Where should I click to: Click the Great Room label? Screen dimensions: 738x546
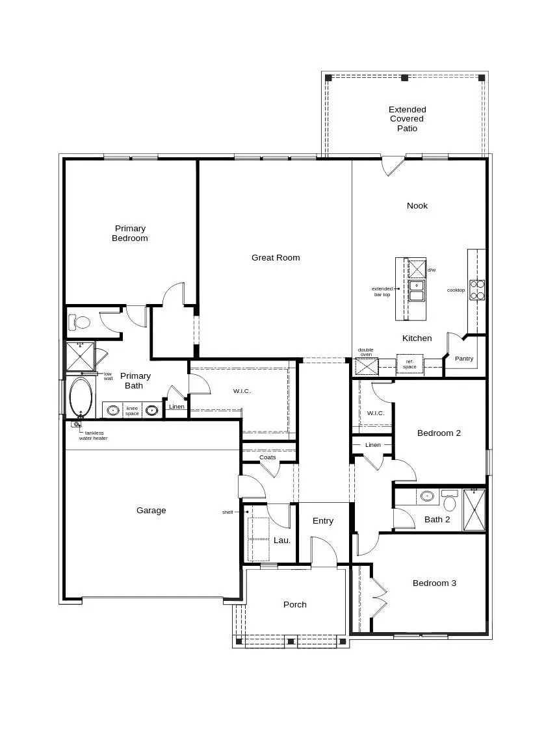click(x=276, y=258)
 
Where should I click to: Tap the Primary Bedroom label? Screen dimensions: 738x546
click(x=130, y=233)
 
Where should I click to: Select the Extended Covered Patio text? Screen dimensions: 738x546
click(x=408, y=119)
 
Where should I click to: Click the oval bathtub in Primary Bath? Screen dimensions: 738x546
click(x=81, y=396)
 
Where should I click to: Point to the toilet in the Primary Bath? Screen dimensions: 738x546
click(x=81, y=322)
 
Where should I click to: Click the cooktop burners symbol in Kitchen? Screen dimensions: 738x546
click(x=477, y=290)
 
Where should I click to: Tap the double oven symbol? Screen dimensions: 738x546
click(x=367, y=366)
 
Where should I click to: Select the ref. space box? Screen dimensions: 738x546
click(x=409, y=364)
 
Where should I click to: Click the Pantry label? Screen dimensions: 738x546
click(x=464, y=359)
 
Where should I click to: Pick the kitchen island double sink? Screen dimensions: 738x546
click(x=416, y=290)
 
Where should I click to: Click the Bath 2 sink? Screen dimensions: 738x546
click(x=427, y=496)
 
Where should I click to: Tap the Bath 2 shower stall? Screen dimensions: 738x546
click(x=474, y=509)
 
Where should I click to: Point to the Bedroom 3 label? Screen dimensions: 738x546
click(x=434, y=583)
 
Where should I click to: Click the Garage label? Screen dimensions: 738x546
click(x=151, y=511)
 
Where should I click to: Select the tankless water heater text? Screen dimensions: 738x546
click(x=94, y=435)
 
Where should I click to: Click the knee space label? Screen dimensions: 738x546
click(x=132, y=411)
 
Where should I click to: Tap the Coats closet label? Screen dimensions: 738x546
click(x=268, y=457)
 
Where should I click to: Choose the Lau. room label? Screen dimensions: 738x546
click(x=281, y=541)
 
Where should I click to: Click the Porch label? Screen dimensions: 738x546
click(x=294, y=605)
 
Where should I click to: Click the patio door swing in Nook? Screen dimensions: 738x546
click(x=392, y=166)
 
